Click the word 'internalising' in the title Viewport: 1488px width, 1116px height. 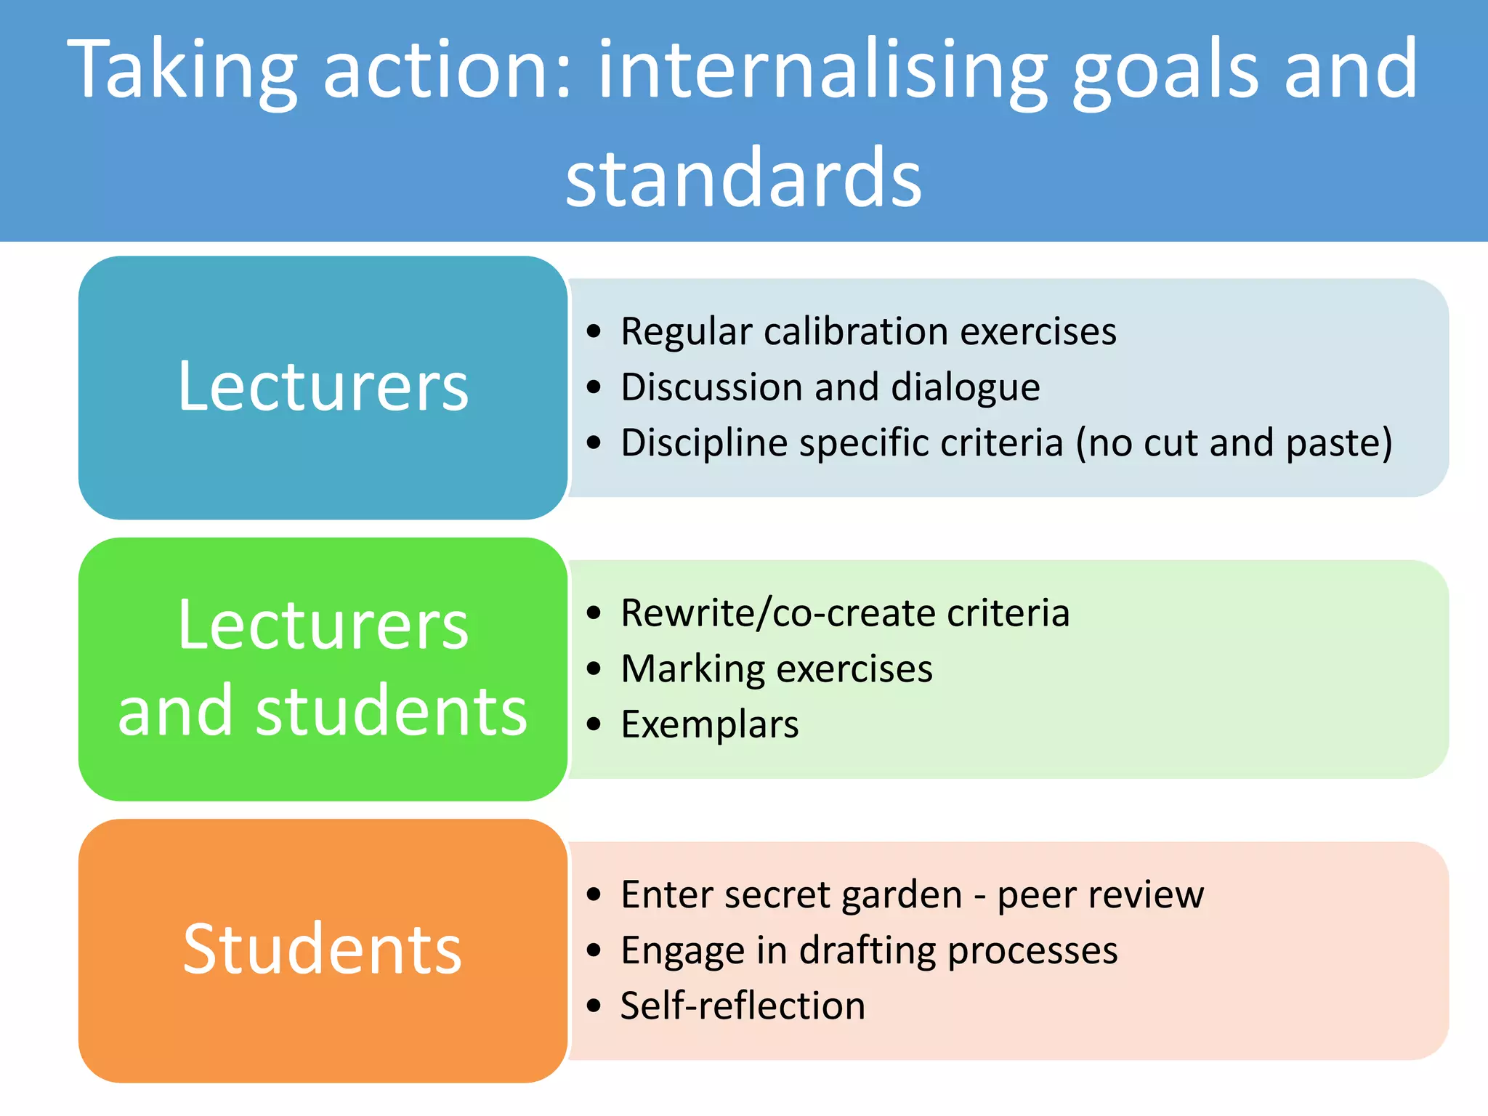822,70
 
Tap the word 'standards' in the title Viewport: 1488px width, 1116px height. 743,178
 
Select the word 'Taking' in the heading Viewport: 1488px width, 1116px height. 182,70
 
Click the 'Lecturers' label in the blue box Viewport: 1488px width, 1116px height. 323,387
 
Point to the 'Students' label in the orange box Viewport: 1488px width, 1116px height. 323,949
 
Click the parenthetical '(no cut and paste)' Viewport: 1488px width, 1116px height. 1233,443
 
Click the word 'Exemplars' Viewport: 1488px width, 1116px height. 710,724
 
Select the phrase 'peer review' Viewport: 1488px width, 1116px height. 1100,895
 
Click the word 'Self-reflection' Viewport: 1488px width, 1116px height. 743,1006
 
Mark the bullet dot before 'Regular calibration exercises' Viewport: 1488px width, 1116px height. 594,332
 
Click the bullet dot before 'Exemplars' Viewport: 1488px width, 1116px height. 594,724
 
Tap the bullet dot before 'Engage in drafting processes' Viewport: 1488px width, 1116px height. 594,950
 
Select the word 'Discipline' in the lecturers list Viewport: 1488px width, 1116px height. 703,443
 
